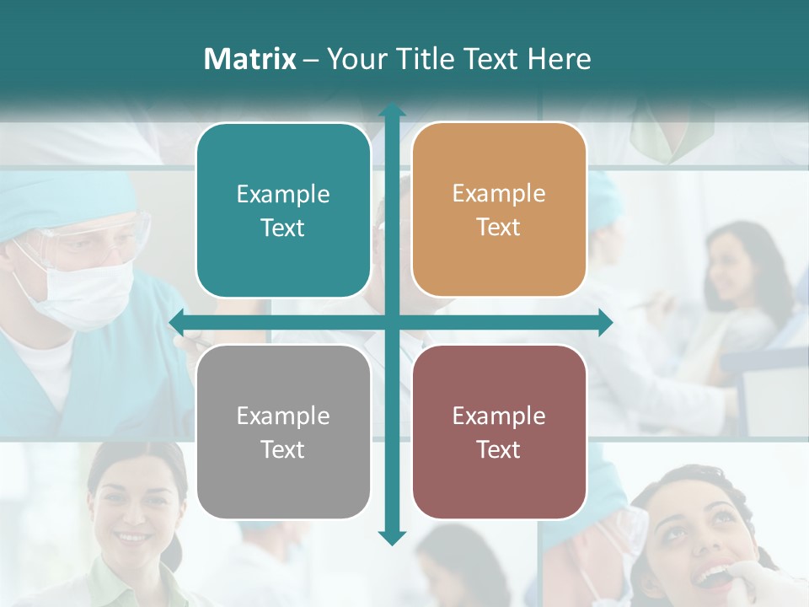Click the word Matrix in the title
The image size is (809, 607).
click(249, 59)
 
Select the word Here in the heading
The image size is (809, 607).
click(559, 59)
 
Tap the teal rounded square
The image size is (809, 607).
click(283, 211)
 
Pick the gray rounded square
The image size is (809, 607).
click(283, 432)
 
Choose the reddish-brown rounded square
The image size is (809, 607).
click(499, 432)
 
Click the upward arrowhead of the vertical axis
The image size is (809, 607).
click(391, 110)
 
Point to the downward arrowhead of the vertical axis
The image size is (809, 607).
click(391, 538)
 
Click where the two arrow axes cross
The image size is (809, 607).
click(391, 323)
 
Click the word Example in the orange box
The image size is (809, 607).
click(499, 193)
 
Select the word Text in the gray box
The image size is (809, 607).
click(282, 449)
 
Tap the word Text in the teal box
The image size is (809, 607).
click(282, 228)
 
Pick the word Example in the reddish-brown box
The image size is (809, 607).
click(499, 416)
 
